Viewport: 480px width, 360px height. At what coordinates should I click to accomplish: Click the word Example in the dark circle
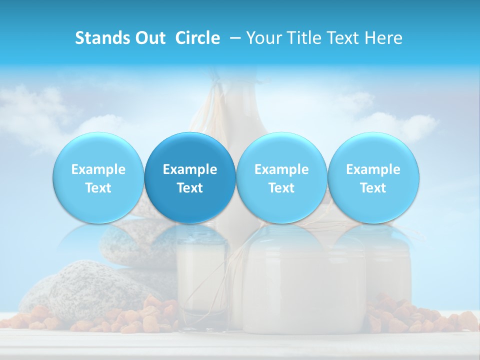click(x=190, y=169)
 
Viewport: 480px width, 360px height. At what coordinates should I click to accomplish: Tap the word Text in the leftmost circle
click(x=98, y=188)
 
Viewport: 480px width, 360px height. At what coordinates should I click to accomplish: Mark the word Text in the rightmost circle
click(x=373, y=188)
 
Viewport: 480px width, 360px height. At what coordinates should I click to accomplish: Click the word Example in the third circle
click(x=281, y=169)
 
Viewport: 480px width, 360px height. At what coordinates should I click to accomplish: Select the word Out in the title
click(x=148, y=38)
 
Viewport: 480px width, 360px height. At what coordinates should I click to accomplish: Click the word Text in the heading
click(x=346, y=38)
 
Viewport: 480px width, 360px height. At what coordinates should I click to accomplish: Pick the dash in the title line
click(x=235, y=38)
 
